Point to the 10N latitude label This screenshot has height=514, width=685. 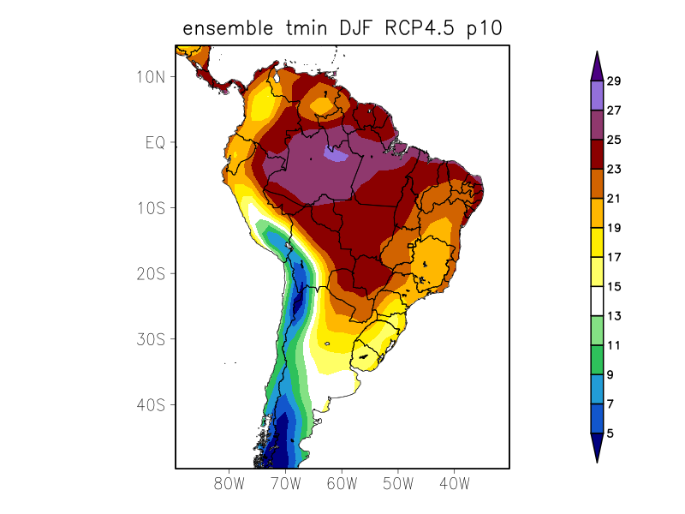150,76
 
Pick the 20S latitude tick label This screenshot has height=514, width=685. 150,273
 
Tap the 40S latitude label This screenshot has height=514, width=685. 150,404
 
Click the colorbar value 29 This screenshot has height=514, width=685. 613,81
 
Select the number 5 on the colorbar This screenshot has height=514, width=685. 610,433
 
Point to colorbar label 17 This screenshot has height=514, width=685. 613,257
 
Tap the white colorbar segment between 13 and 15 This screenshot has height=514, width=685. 597,302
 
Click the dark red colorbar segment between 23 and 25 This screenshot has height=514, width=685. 597,154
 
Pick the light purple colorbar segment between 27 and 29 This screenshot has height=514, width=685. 597,96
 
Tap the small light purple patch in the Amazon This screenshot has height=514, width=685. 335,154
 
